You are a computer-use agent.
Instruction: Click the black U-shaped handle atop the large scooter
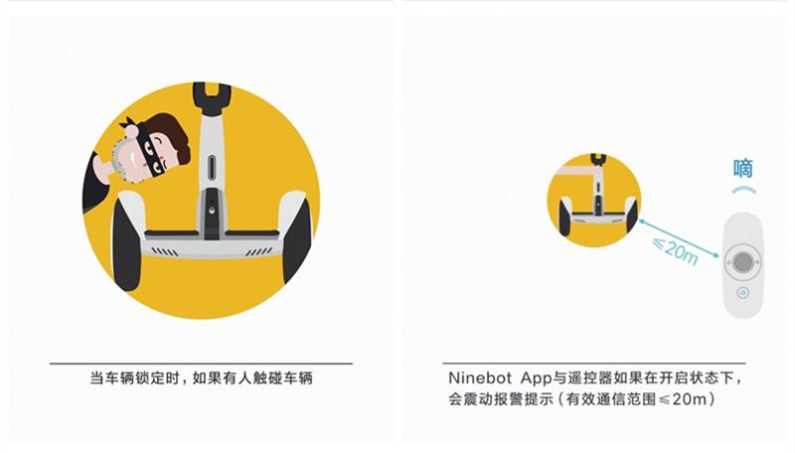(212, 95)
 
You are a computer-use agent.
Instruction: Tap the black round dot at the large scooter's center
(211, 210)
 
